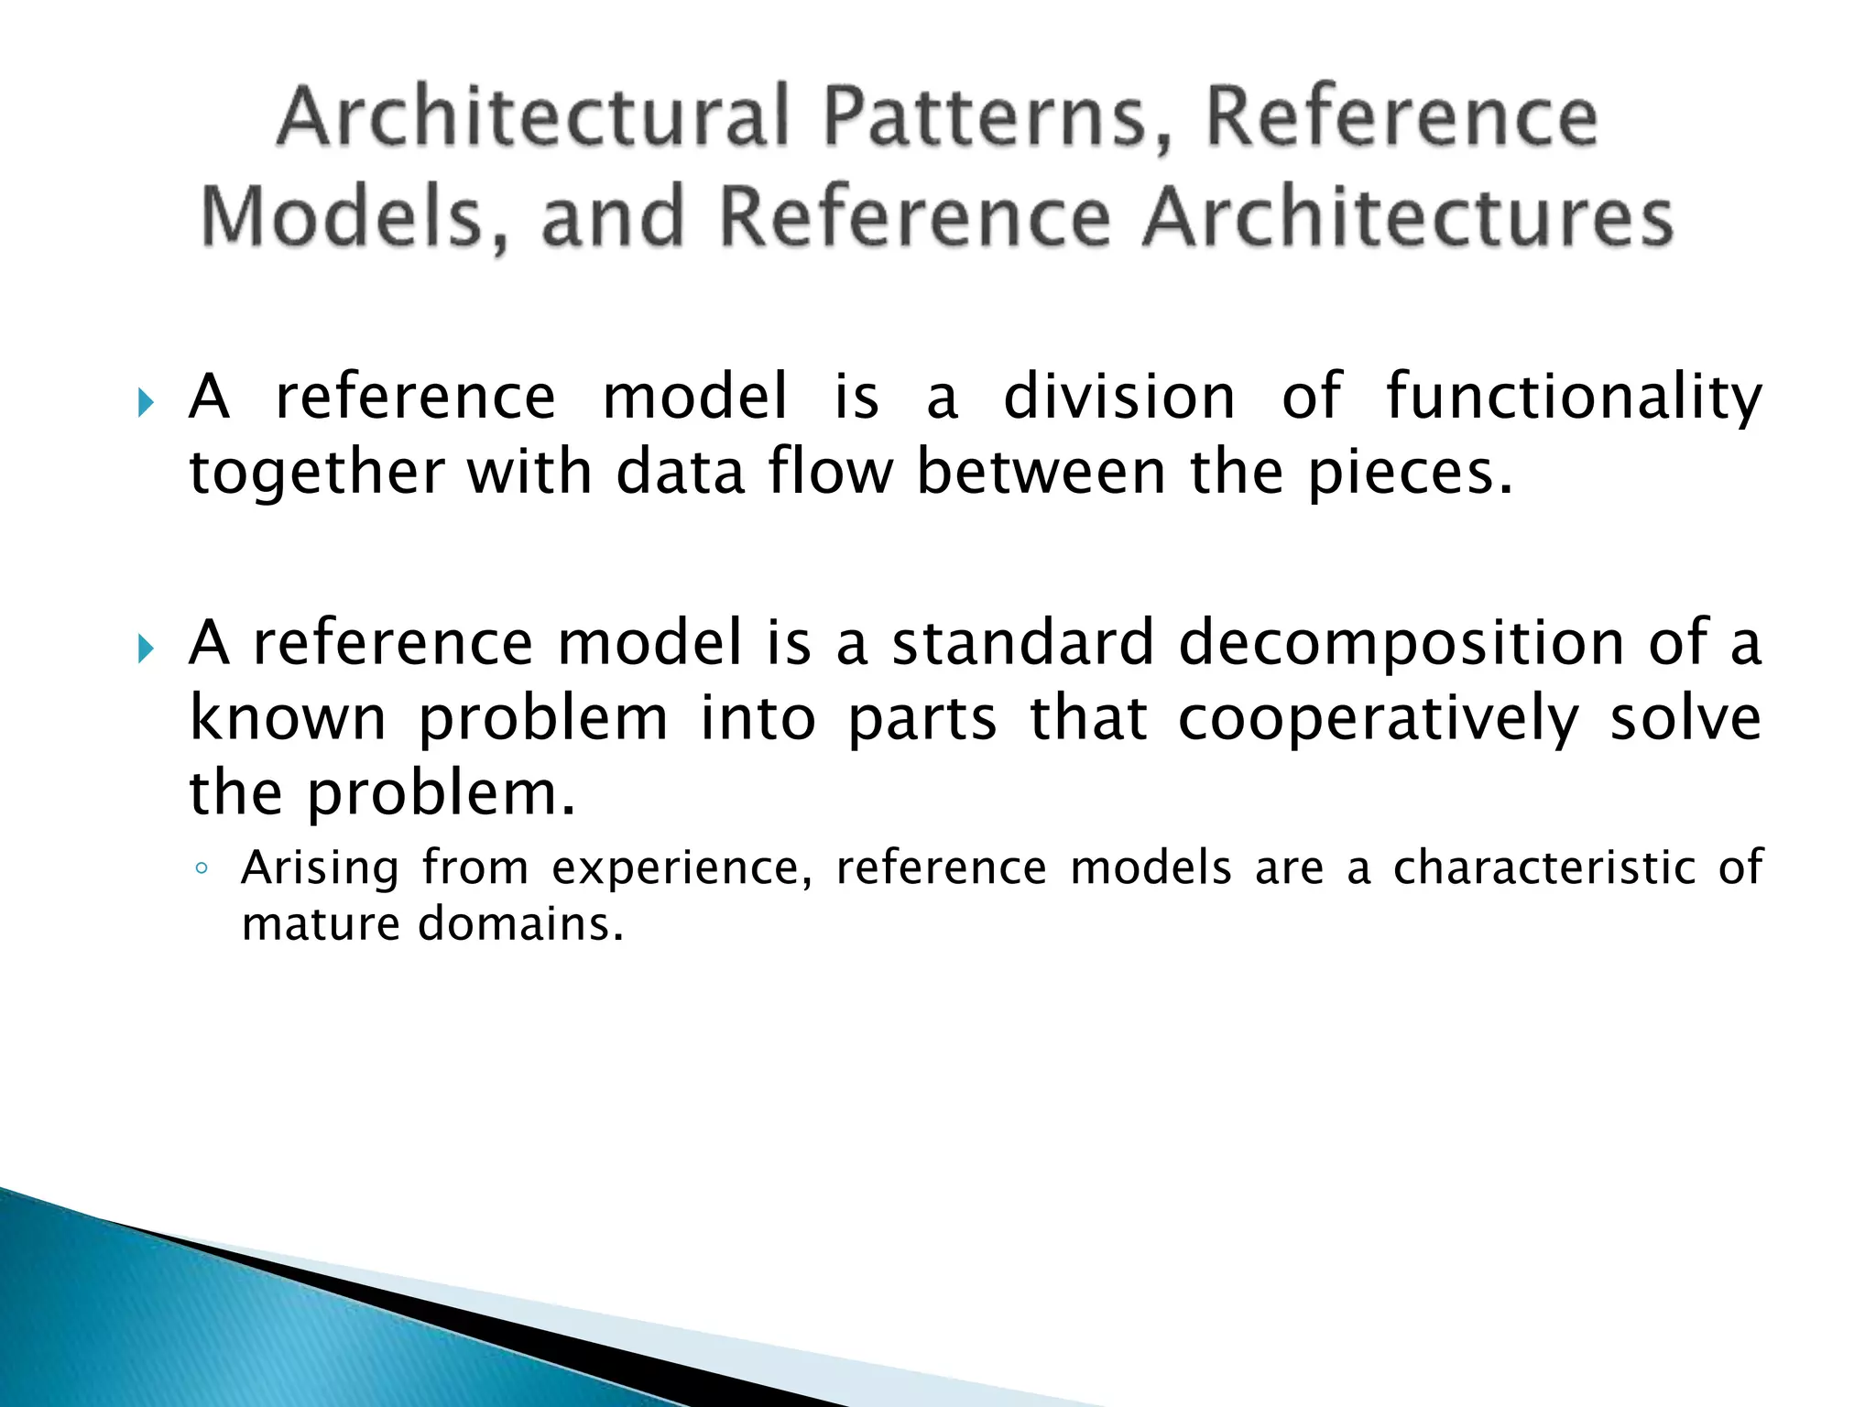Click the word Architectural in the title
pyautogui.click(x=531, y=117)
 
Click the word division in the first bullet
pyautogui.click(x=1119, y=398)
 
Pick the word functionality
pyautogui.click(x=1574, y=398)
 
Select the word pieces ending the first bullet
pyautogui.click(x=1409, y=474)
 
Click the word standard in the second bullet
pyautogui.click(x=1023, y=643)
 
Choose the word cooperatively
pyautogui.click(x=1379, y=720)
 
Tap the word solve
pyautogui.click(x=1685, y=720)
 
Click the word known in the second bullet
pyautogui.click(x=288, y=718)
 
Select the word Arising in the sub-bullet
pyautogui.click(x=320, y=868)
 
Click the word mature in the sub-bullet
pyautogui.click(x=320, y=924)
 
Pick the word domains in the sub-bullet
pyautogui.click(x=520, y=923)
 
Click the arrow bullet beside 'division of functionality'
pyautogui.click(x=145, y=402)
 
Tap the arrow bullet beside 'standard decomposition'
pyautogui.click(x=145, y=649)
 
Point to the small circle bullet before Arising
pyautogui.click(x=202, y=868)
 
